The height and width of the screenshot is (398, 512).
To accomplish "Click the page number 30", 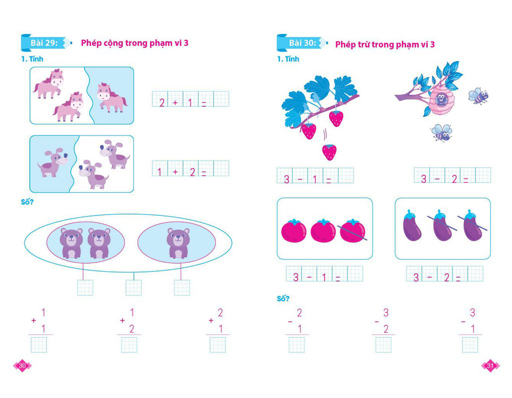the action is (22, 365).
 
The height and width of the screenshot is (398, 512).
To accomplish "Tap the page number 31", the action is (490, 365).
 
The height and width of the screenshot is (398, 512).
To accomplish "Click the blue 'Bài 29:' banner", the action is (45, 43).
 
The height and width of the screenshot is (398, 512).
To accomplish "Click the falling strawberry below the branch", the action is (329, 152).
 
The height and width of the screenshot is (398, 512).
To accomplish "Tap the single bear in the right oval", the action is (178, 243).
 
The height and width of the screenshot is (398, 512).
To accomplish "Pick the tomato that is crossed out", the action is (352, 230).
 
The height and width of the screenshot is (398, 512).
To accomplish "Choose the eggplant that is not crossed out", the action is (412, 225).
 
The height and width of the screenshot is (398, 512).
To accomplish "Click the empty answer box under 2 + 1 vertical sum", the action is (218, 345).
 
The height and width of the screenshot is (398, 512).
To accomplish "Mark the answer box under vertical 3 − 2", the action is (383, 345).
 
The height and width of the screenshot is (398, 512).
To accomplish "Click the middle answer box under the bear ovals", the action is (133, 287).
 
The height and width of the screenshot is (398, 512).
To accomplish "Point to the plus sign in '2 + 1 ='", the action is (175, 102).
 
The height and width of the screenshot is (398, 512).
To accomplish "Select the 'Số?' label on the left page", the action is (27, 202).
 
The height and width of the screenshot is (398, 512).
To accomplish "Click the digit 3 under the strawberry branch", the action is (286, 179).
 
